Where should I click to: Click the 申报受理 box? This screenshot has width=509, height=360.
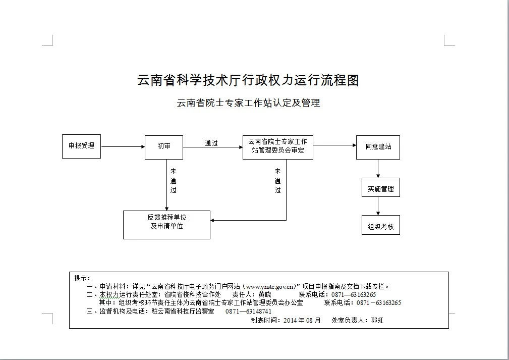[x=81, y=146]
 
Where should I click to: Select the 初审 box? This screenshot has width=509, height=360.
[x=163, y=146]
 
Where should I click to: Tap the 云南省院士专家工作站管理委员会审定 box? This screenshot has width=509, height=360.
[x=277, y=146]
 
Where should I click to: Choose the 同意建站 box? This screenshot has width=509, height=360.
[x=378, y=147]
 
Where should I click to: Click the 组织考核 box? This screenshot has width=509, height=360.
[x=380, y=225]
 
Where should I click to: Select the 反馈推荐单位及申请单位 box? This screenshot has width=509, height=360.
[x=166, y=225]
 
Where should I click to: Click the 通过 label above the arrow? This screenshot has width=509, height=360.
[x=211, y=143]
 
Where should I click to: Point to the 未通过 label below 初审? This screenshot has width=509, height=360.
[x=173, y=181]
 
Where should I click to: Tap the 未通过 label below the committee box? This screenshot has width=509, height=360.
[x=277, y=181]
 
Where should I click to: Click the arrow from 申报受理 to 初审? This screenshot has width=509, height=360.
[x=123, y=147]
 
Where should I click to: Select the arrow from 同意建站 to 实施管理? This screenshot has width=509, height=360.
[x=378, y=169]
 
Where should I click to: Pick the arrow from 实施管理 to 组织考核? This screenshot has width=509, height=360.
[x=378, y=206]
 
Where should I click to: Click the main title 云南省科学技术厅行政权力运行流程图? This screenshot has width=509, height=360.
[x=248, y=80]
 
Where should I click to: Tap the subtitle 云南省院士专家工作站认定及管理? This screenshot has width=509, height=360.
[x=248, y=103]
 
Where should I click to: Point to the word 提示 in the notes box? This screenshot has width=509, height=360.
[x=81, y=278]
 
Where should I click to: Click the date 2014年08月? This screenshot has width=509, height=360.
[x=302, y=320]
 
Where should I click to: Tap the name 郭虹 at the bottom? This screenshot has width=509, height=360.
[x=377, y=320]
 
